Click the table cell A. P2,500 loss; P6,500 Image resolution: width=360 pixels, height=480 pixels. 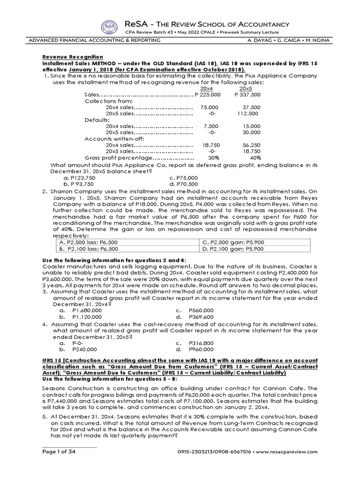click(88, 242)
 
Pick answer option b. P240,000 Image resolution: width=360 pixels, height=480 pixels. click(78, 349)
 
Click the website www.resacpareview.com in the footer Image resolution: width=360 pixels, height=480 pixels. click(291, 451)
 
